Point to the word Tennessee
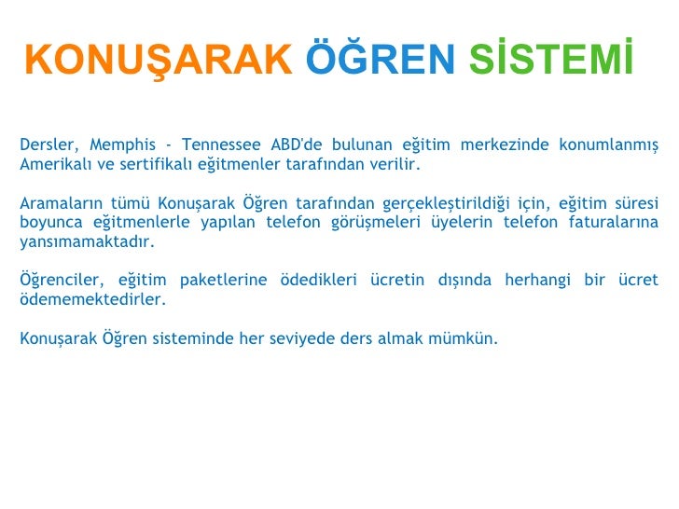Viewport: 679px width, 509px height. point(222,144)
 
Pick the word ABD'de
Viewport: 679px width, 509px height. point(298,144)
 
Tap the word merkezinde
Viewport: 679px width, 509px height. point(513,144)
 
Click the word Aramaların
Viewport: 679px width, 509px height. point(61,203)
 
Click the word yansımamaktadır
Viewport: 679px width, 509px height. point(87,242)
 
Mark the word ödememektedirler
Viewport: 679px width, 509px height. point(92,300)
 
